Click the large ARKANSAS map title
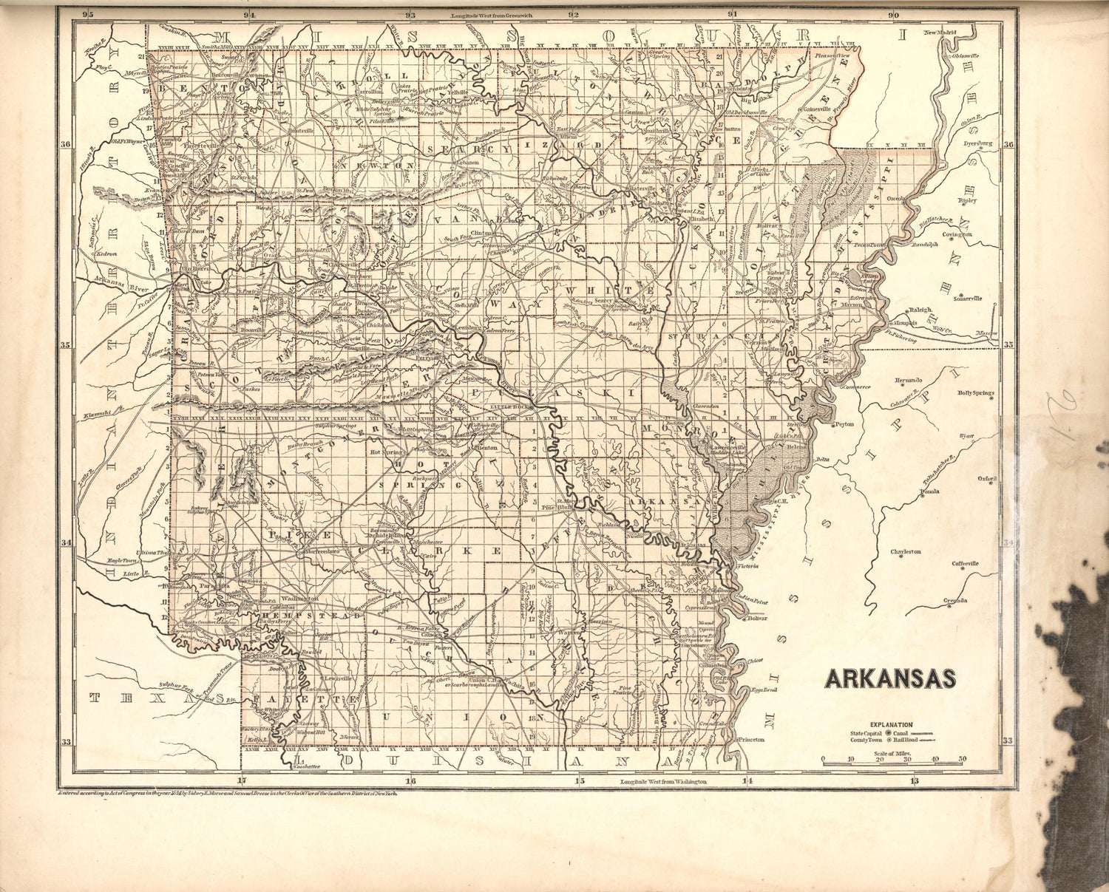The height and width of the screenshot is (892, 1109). tap(890, 678)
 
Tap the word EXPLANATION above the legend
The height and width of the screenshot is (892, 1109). tap(891, 725)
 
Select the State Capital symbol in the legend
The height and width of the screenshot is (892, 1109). tap(888, 732)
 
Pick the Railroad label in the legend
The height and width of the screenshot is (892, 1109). tap(906, 739)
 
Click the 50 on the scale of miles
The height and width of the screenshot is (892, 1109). tap(963, 759)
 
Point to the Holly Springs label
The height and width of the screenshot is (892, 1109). tap(976, 393)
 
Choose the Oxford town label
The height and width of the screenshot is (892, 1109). tap(987, 479)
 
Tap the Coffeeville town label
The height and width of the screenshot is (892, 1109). tap(965, 563)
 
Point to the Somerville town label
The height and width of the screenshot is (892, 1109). tap(967, 299)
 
